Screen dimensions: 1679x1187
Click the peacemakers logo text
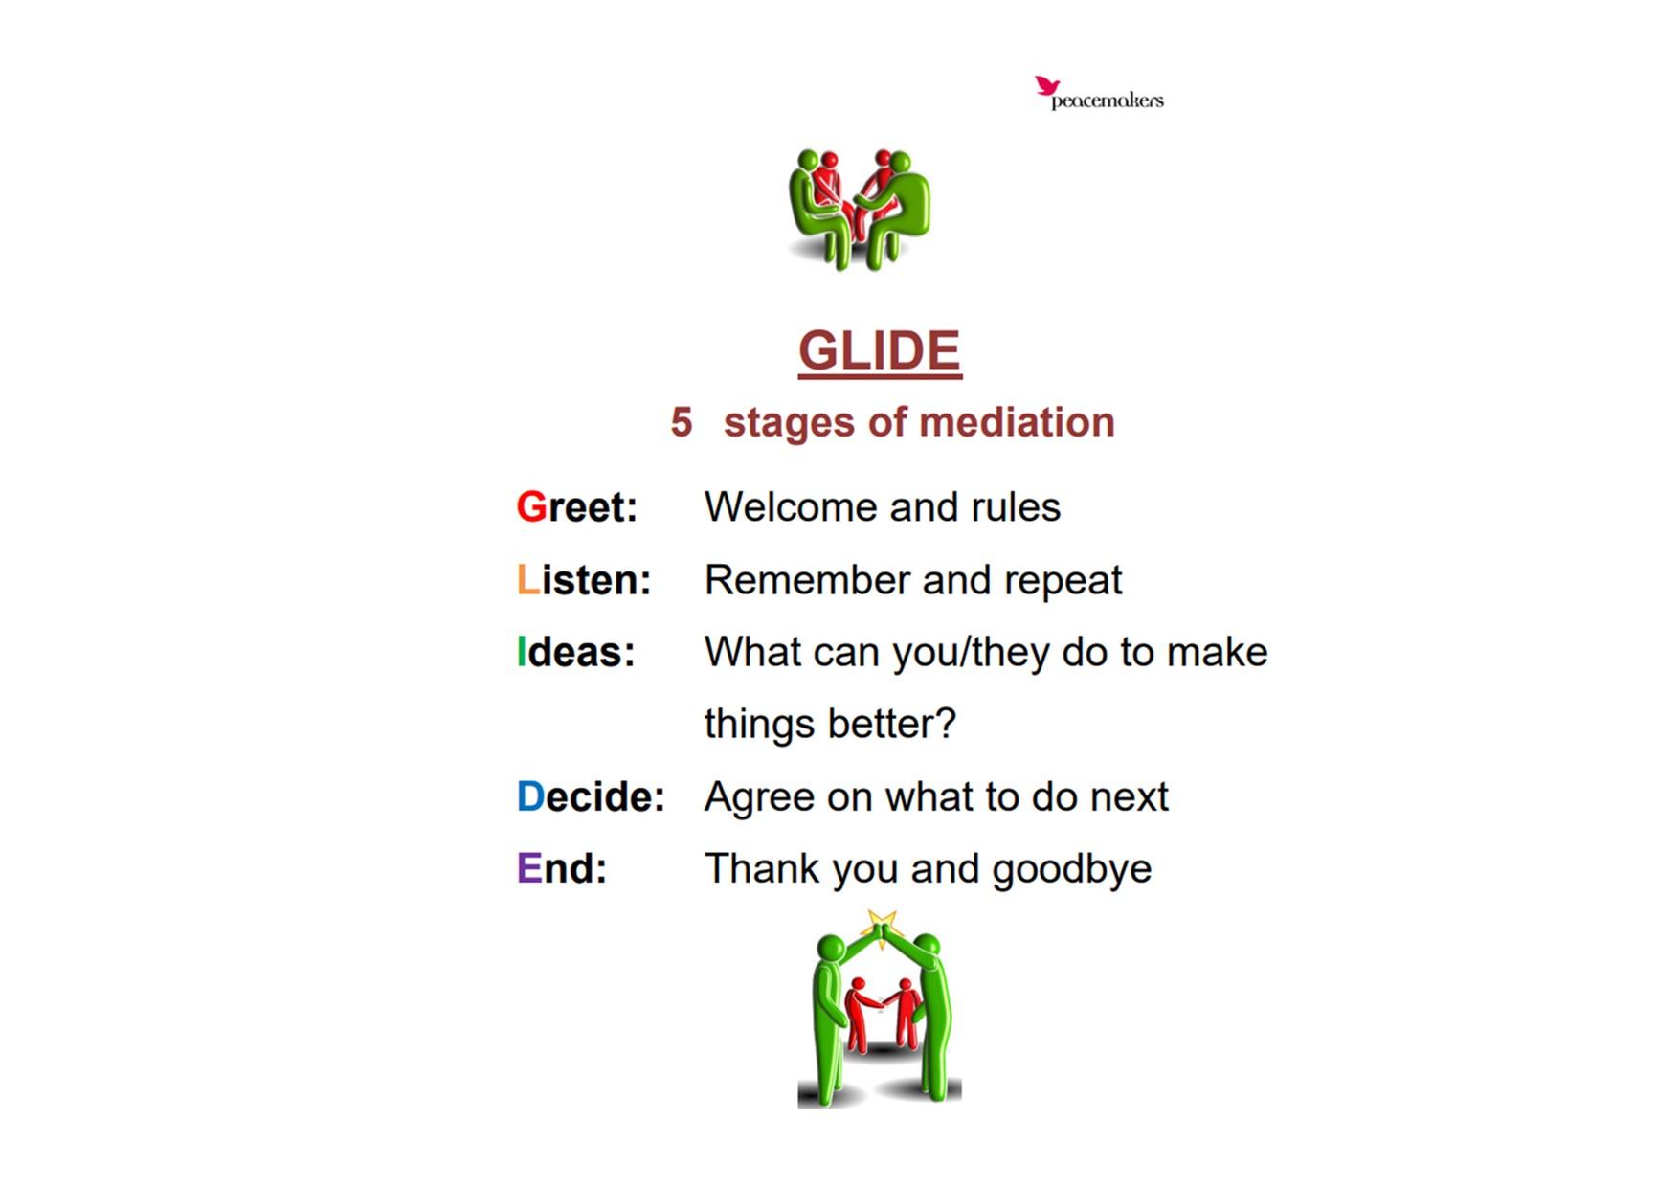coord(1108,101)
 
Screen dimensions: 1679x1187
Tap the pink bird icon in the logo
coord(1047,86)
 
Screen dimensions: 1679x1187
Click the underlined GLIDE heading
coord(880,351)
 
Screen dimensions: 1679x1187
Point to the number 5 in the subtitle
coord(682,422)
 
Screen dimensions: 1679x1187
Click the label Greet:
coord(577,507)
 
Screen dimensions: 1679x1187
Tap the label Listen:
coord(584,580)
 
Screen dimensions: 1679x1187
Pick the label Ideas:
coord(576,652)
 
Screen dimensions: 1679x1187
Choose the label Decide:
coord(591,796)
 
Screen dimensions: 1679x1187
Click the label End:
coord(562,869)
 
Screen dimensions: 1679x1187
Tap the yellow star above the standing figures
coord(881,927)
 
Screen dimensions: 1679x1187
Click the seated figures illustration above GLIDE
coord(860,210)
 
